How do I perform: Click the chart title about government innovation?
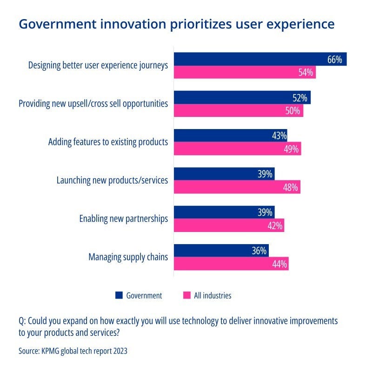click(176, 24)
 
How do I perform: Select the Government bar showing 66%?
click(260, 59)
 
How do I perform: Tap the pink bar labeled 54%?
click(245, 72)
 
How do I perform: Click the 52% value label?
click(300, 98)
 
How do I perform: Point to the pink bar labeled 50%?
click(238, 110)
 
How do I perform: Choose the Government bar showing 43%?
click(230, 136)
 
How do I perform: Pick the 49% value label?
click(292, 149)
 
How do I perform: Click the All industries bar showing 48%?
click(237, 187)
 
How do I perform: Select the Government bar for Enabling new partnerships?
click(224, 212)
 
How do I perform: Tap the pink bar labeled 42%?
click(229, 225)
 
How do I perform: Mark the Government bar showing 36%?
click(221, 251)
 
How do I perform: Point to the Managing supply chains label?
click(128, 257)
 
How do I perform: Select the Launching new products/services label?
click(112, 180)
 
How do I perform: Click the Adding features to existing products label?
click(108, 142)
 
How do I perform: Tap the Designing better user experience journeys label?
click(98, 65)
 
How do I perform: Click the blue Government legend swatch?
click(119, 295)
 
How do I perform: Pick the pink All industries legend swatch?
click(187, 295)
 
